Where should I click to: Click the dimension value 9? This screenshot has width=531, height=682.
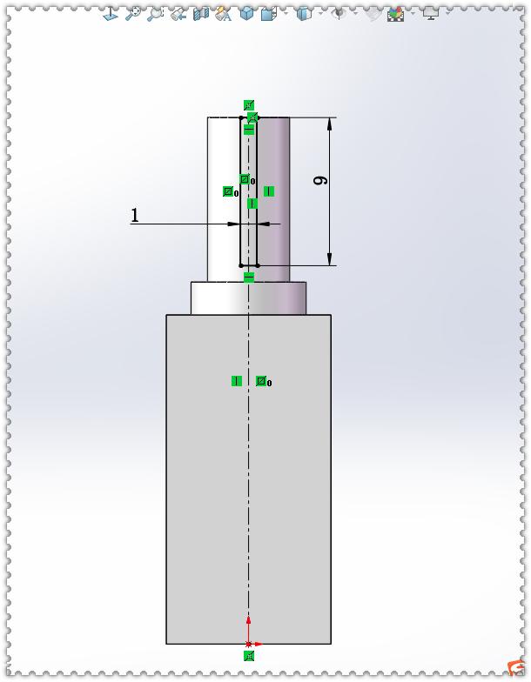click(319, 181)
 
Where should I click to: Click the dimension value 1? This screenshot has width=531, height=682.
click(135, 215)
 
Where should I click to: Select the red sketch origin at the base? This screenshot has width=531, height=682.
click(249, 644)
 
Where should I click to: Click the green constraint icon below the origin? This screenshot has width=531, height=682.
click(250, 656)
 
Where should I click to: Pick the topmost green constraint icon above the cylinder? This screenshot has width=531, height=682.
click(249, 105)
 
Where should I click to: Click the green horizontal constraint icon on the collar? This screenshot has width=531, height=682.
click(249, 277)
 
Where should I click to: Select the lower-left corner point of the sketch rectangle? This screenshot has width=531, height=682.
click(241, 265)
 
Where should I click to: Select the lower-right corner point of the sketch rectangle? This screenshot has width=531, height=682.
click(257, 265)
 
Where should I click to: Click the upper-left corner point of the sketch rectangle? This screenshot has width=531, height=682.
click(241, 118)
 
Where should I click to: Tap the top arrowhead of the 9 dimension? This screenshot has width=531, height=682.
click(330, 124)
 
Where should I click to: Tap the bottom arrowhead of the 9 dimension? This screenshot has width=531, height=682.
click(330, 258)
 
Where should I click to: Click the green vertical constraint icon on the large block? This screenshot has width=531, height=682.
click(237, 381)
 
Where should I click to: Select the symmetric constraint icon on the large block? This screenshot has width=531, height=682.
click(261, 381)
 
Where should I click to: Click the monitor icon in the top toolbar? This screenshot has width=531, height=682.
click(430, 13)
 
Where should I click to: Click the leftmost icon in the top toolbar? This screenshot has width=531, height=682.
click(111, 13)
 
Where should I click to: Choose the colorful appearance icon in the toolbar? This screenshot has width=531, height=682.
click(396, 13)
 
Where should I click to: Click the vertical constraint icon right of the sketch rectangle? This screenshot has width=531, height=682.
click(269, 191)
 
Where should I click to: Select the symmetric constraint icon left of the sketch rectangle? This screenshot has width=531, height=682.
click(228, 191)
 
